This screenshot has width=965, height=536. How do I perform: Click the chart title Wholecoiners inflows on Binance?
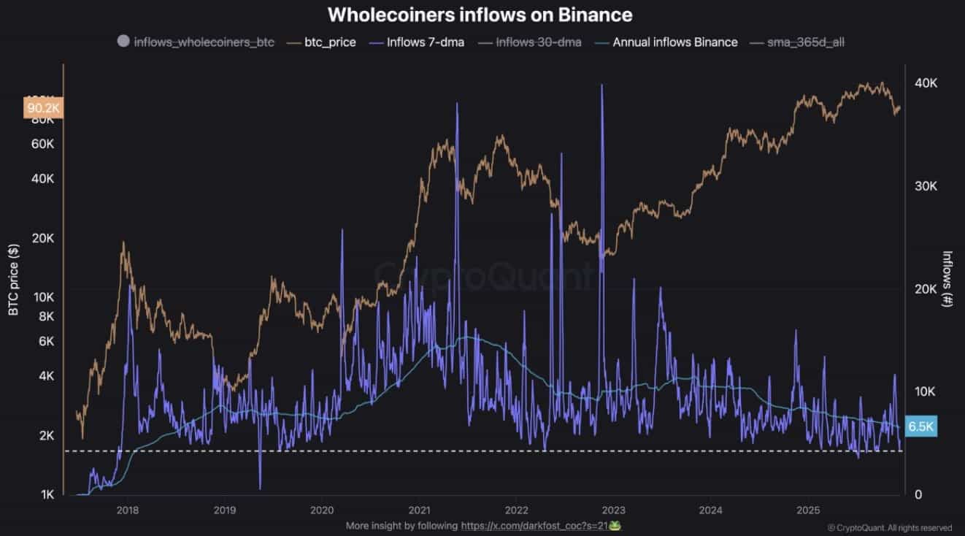click(x=480, y=15)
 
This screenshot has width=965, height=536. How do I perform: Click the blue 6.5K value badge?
click(x=920, y=426)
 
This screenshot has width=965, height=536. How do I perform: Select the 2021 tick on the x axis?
click(x=419, y=510)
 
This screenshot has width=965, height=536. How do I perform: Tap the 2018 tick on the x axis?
click(x=128, y=510)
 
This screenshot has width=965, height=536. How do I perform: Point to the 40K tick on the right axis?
click(x=926, y=84)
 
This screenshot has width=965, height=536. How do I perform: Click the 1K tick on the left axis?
click(x=47, y=495)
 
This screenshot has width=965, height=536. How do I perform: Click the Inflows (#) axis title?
click(x=947, y=278)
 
